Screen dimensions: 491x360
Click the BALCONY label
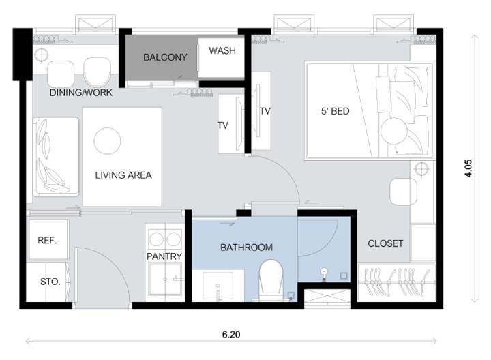coord(165,57)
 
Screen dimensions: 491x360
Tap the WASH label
coord(222,50)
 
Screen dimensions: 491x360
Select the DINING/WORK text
coord(80,93)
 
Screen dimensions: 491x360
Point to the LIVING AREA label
coord(123,175)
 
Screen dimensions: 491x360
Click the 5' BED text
coord(335,111)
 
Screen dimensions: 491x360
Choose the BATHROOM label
coord(246,247)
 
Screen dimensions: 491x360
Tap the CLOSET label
coord(385,243)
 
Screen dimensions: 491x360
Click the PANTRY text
coord(164,256)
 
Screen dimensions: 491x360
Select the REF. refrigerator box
coord(48,239)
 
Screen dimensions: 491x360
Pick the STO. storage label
coord(50,282)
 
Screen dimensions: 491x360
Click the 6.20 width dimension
coord(231,335)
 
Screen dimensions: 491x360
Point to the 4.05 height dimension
coord(468,168)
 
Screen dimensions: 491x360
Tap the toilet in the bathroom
coord(271,280)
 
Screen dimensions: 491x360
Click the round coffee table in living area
coord(107,141)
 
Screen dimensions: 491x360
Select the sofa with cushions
coord(56,157)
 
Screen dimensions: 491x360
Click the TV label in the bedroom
coord(265,111)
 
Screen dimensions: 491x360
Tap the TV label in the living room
coord(222,125)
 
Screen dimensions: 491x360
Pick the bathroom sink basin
coord(218,286)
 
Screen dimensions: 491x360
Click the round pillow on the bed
coord(393,131)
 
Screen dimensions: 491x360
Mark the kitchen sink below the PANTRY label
coord(165,279)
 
